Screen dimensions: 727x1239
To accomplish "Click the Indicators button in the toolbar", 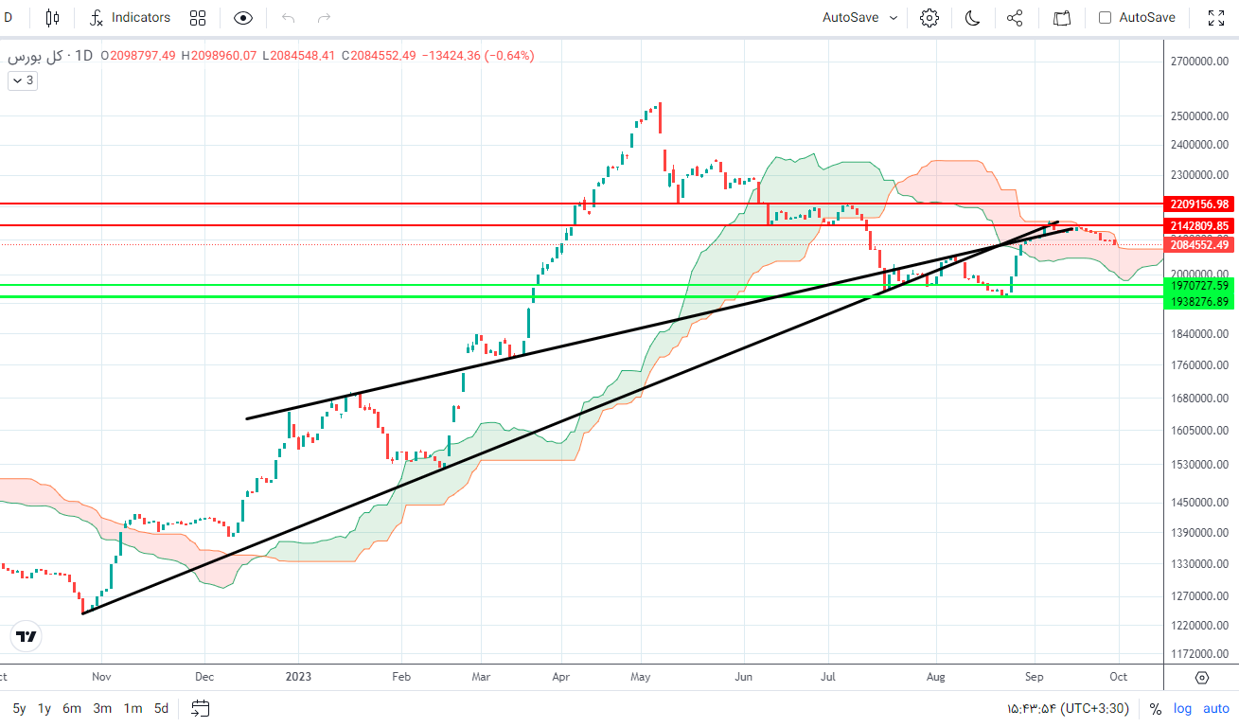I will pos(131,17).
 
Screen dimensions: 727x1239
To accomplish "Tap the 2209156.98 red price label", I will pos(1199,204).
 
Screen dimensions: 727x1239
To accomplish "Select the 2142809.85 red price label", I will pos(1199,225).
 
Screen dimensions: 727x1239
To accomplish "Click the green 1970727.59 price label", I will pos(1199,285).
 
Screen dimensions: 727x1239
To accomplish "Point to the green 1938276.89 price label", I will pos(1199,301).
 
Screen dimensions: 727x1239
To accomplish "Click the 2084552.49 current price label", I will pos(1199,244).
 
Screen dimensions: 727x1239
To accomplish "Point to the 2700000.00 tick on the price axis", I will pos(1199,61).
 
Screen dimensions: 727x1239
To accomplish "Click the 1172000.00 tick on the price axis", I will pos(1199,654).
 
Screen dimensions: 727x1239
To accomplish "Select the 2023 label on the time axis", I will pos(298,677).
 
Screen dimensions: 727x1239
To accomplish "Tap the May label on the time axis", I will pos(641,677).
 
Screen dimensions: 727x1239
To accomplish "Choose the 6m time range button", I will pos(72,708).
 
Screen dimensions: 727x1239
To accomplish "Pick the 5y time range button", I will pos(20,708).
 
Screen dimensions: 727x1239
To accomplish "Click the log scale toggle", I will pos(1182,708).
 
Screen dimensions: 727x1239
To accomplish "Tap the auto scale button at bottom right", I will pos(1215,708).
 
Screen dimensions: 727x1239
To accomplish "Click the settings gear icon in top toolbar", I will pos(929,17).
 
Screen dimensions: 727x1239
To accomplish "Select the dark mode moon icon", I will pos(972,17).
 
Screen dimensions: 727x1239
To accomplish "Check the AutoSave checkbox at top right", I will pos(1105,17).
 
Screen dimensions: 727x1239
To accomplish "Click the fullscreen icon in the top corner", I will pos(1216,17).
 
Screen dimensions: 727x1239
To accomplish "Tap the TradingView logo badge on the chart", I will pos(27,636).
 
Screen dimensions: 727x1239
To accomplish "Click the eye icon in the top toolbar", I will pos(243,17).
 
